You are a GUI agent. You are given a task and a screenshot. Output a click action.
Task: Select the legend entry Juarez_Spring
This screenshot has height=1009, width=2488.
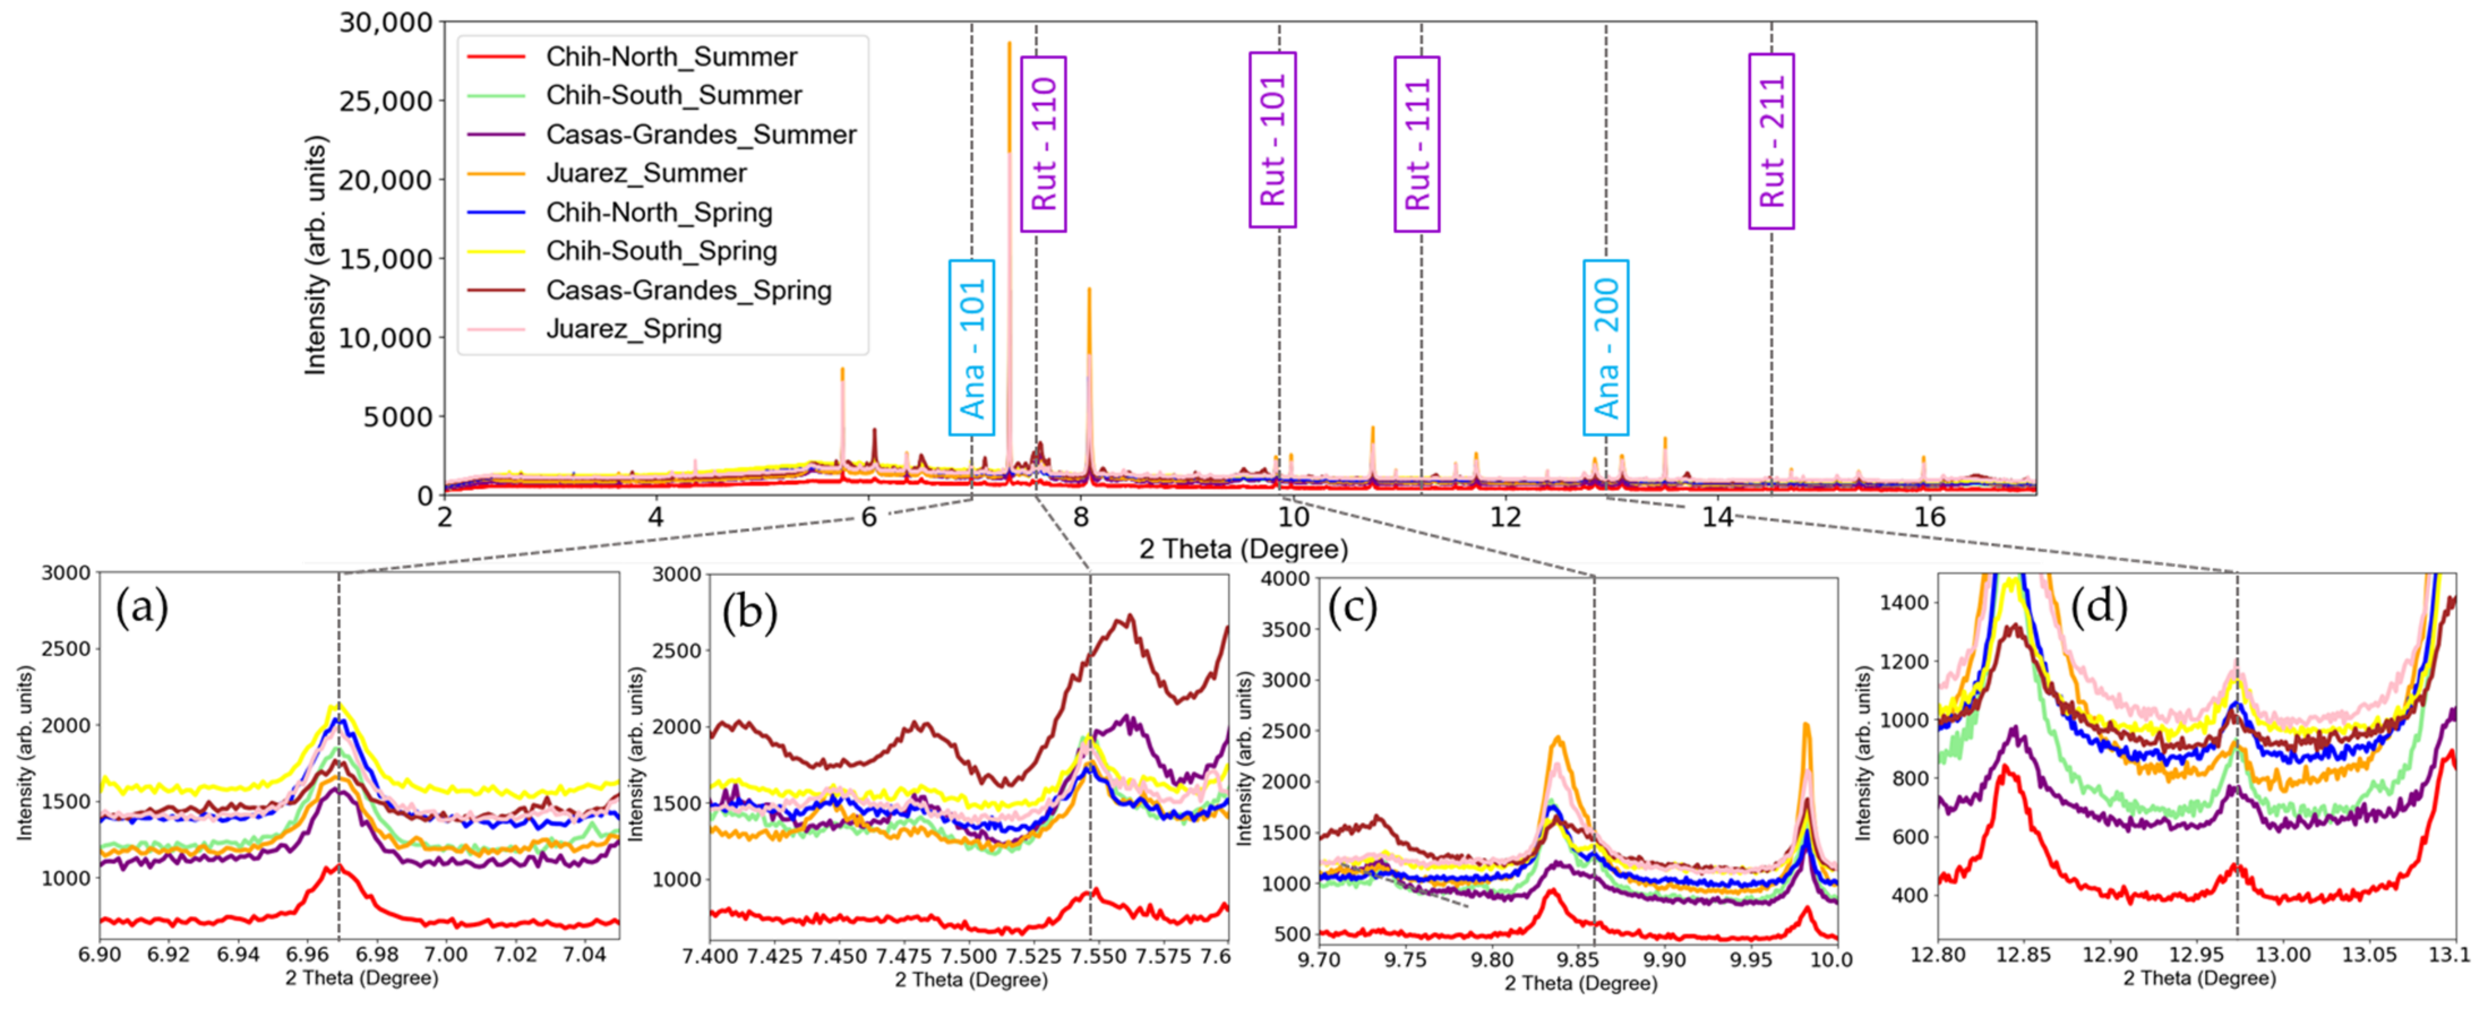pyautogui.click(x=633, y=329)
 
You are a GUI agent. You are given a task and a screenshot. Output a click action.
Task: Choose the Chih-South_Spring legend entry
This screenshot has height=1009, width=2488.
pyautogui.click(x=660, y=251)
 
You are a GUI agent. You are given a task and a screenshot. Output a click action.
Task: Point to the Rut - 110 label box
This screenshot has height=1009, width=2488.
pyautogui.click(x=1043, y=144)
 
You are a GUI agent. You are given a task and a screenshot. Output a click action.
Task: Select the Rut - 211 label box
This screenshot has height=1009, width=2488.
pyautogui.click(x=1771, y=142)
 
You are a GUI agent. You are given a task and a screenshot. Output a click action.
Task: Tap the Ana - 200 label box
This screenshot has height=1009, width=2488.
pyautogui.click(x=1605, y=348)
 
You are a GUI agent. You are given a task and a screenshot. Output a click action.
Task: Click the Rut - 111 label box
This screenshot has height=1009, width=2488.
pyautogui.click(x=1417, y=144)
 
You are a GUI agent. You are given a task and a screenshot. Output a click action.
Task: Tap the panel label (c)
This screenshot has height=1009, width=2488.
pyautogui.click(x=1352, y=609)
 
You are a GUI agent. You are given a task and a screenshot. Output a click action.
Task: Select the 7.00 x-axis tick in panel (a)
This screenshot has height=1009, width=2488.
pyautogui.click(x=446, y=955)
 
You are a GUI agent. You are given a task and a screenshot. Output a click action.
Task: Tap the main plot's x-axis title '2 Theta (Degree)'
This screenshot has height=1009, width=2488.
pyautogui.click(x=1243, y=549)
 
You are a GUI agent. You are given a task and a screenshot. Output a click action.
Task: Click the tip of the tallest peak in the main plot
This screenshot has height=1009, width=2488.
pyautogui.click(x=1009, y=42)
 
